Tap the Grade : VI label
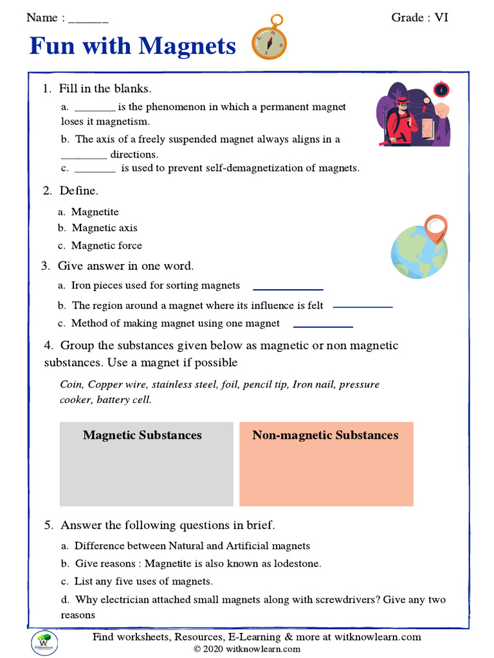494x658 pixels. click(419, 17)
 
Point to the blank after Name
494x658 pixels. click(88, 19)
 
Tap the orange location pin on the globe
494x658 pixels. click(435, 227)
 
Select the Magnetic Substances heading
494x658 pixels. click(142, 435)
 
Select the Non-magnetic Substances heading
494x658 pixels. click(325, 435)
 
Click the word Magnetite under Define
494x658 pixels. click(95, 212)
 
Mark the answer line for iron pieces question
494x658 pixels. click(288, 289)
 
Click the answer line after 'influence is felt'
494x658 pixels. click(362, 307)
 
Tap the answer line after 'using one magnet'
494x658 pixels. click(323, 326)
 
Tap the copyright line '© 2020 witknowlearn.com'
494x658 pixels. click(247, 649)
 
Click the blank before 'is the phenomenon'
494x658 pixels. click(95, 107)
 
